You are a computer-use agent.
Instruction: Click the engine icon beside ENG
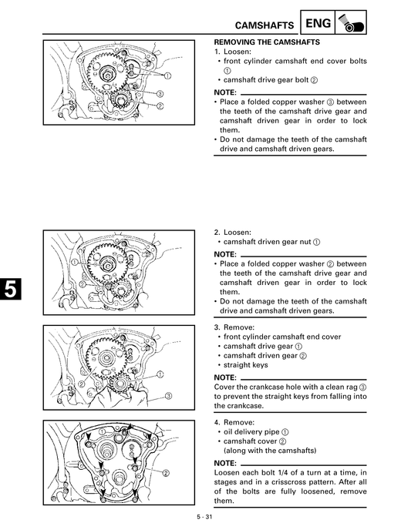click(349, 25)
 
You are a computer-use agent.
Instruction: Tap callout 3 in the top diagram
click(160, 93)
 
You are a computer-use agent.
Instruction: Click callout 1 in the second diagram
click(75, 262)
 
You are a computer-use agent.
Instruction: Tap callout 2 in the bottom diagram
click(167, 473)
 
